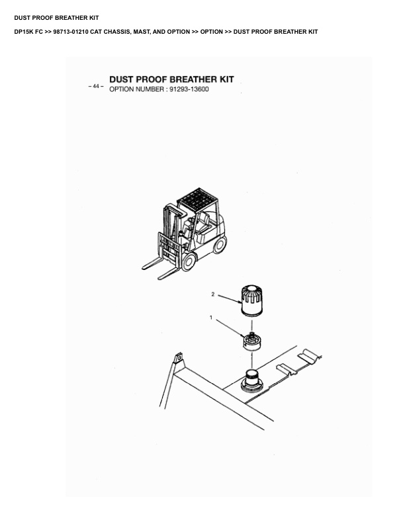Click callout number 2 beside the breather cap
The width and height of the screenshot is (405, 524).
(213, 294)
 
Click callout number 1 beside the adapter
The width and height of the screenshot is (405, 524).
(211, 317)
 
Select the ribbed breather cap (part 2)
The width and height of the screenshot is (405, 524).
(251, 300)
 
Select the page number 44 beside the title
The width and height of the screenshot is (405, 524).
(96, 86)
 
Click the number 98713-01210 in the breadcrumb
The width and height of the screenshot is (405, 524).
(71, 32)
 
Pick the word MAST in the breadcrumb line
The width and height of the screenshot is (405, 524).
(142, 32)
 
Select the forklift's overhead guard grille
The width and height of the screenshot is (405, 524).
(197, 199)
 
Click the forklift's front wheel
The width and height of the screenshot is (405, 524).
(189, 261)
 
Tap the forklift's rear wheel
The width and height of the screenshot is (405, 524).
(220, 244)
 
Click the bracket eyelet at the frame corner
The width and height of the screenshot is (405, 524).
(179, 358)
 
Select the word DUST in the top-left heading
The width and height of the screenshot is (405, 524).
(22, 18)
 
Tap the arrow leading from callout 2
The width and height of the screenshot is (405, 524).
(230, 299)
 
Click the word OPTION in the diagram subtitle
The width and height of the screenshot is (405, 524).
(121, 89)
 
